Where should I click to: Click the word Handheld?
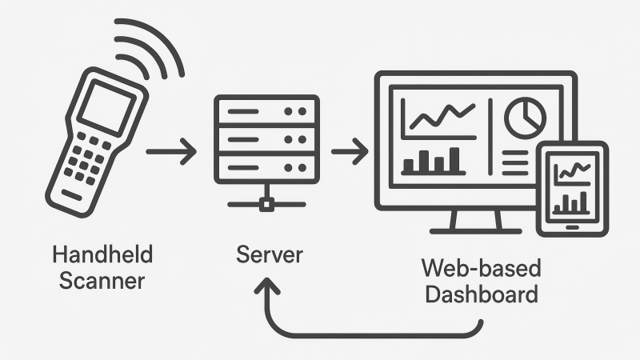pos(102,256)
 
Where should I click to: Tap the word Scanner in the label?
pos(102,281)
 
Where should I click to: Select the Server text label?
pos(270,256)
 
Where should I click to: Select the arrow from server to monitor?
pos(350,150)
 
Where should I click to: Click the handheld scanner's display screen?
pos(107,106)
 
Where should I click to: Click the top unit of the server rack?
pos(266,111)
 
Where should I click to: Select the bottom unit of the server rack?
pos(266,167)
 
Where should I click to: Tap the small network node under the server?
pos(267,204)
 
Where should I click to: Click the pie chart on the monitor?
pos(525,118)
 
